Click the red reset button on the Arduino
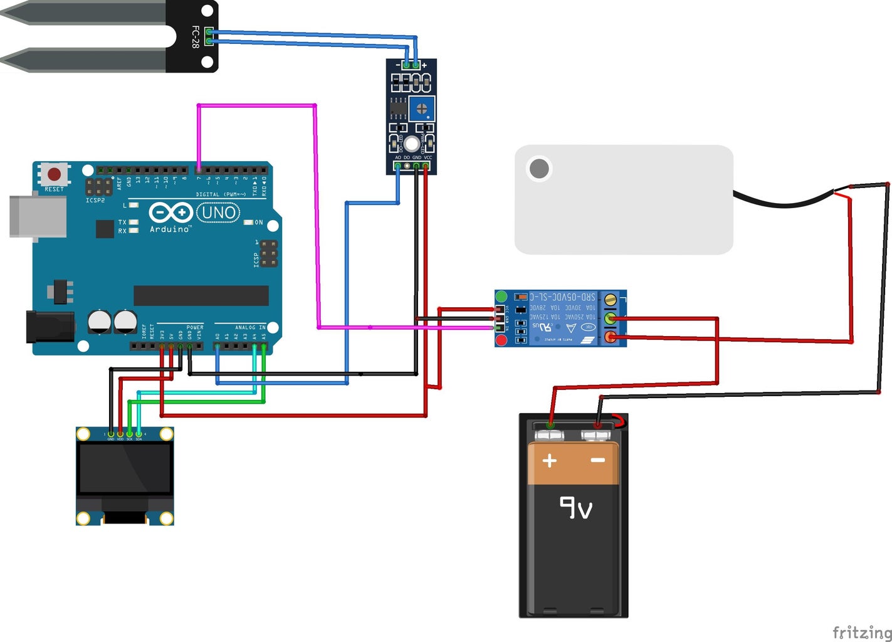tap(55, 174)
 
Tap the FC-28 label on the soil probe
tap(195, 37)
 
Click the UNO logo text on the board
tap(218, 213)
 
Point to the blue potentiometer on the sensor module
tap(422, 108)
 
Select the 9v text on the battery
tap(575, 507)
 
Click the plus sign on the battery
tap(550, 461)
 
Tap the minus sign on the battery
tap(598, 460)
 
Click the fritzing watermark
tap(862, 632)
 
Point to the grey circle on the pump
tap(539, 168)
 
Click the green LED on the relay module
tap(501, 296)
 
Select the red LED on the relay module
tap(501, 340)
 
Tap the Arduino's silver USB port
tap(38, 217)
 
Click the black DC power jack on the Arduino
tap(49, 327)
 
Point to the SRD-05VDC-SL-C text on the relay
tap(562, 297)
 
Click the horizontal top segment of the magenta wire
tap(256, 105)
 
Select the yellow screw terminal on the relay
tap(610, 300)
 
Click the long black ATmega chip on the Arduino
tap(201, 295)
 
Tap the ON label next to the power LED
tap(258, 223)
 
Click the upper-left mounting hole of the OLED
tap(83, 434)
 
